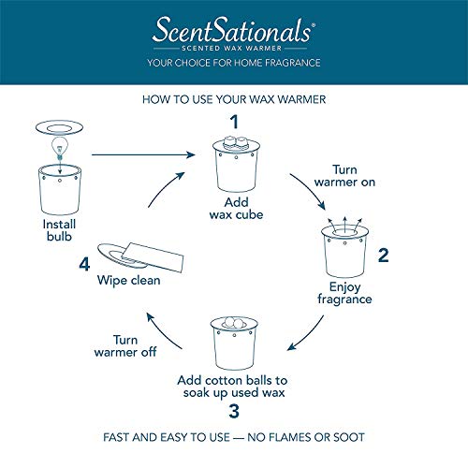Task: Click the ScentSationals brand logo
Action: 234,31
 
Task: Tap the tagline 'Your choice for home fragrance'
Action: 234,63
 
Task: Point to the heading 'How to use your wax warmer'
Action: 234,98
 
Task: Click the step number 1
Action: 236,121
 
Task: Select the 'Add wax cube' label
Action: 235,207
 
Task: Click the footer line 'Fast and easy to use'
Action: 234,437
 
